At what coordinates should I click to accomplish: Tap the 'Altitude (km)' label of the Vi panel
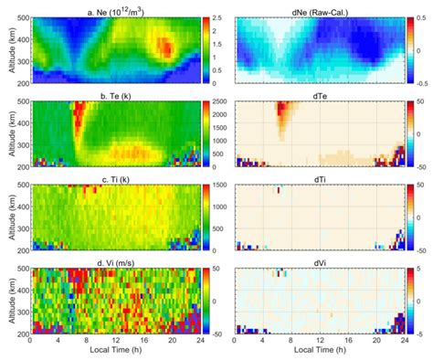(7, 302)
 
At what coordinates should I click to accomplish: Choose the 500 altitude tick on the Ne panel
(22, 17)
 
